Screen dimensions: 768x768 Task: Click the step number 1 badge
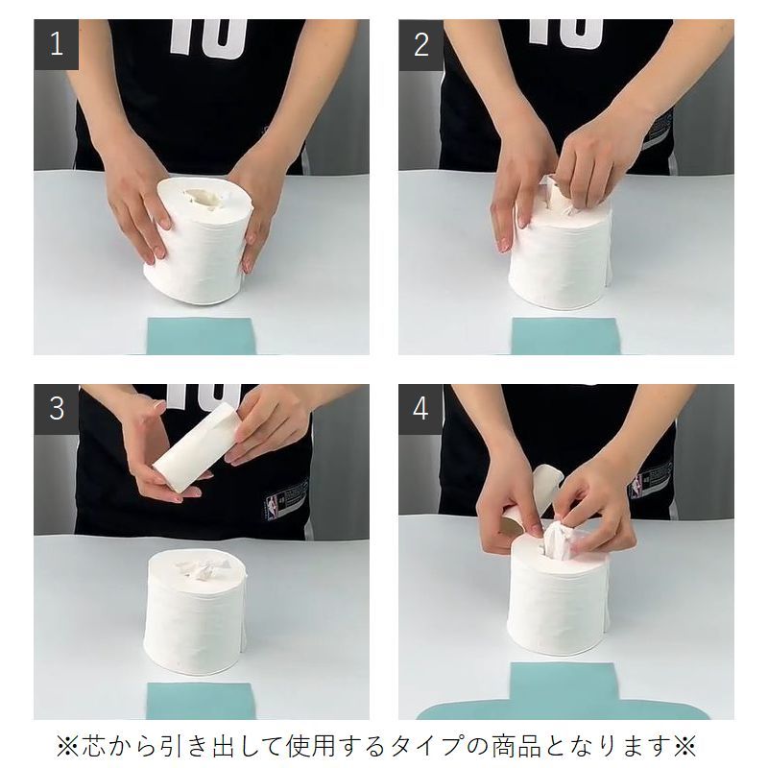(57, 44)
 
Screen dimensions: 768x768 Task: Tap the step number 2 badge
(420, 44)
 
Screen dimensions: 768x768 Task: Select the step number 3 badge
(57, 409)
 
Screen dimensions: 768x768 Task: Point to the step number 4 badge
(420, 409)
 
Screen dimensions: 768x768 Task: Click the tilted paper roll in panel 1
(199, 240)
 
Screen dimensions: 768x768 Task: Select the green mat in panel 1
(201, 336)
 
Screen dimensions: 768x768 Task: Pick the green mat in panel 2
(565, 336)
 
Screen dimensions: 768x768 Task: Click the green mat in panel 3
(201, 701)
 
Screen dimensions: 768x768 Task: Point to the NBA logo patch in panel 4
(636, 486)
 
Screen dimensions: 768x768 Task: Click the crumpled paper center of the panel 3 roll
(204, 569)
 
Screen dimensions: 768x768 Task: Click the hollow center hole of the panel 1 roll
(205, 198)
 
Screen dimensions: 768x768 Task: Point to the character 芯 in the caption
(92, 746)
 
